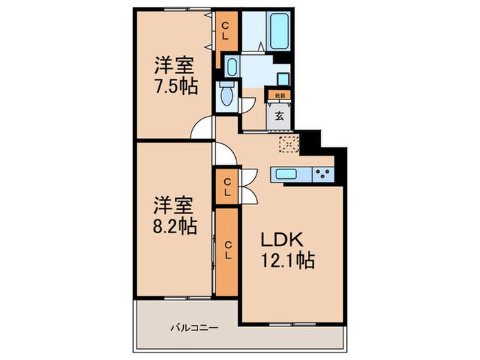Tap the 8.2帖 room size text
pyautogui.click(x=173, y=227)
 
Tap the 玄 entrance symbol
pyautogui.click(x=280, y=116)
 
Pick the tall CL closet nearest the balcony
pyautogui.click(x=227, y=252)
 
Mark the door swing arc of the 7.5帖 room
pyautogui.click(x=202, y=128)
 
